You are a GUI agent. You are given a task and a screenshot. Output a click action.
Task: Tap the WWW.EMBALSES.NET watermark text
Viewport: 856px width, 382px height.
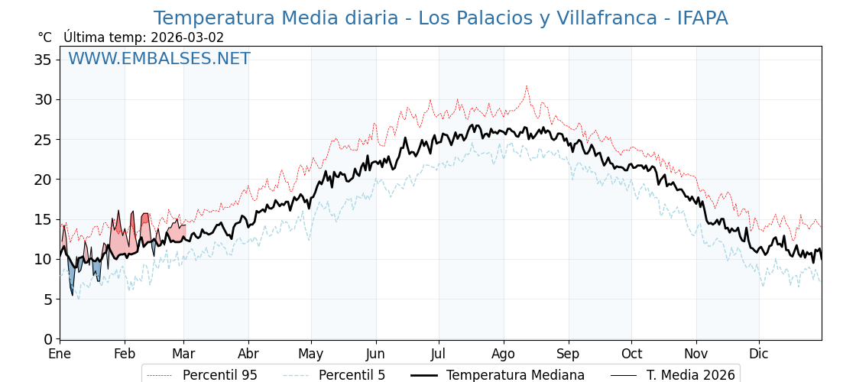pos(159,59)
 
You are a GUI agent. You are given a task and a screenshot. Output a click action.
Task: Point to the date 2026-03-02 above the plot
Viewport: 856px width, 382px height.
pos(187,37)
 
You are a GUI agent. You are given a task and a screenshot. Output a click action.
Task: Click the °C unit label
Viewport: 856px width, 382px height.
pos(44,37)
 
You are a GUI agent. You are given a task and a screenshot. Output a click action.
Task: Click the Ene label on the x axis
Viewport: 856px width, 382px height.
pos(60,354)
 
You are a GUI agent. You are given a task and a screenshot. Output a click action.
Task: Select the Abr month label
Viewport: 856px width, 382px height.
pos(248,354)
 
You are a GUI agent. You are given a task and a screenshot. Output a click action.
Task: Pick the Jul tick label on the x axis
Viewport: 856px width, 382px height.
pos(439,354)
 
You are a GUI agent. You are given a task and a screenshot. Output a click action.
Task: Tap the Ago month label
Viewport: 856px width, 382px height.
pos(504,354)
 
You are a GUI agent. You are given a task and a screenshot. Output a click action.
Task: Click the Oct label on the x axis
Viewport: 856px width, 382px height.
pos(631,354)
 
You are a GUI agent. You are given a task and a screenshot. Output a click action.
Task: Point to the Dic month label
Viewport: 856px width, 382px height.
pos(759,354)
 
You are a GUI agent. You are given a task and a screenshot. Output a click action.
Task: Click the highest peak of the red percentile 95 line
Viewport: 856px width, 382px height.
pos(527,86)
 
